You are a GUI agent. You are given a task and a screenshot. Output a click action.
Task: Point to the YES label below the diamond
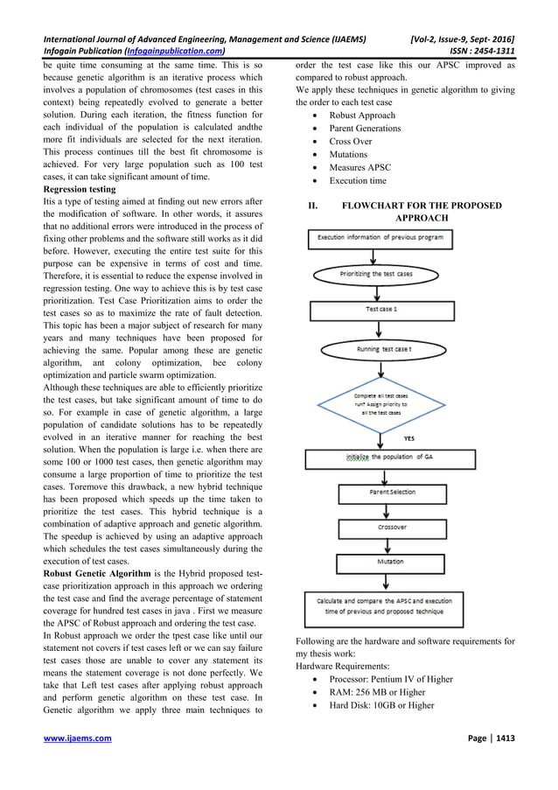click(x=409, y=438)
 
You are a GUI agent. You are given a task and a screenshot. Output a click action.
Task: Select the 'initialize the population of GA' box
click(x=390, y=458)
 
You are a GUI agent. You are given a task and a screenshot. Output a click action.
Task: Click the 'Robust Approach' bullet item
click(x=362, y=115)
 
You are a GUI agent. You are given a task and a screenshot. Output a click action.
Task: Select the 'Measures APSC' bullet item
click(x=359, y=167)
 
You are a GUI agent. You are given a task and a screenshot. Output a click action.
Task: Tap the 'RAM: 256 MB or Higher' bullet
click(x=377, y=692)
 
